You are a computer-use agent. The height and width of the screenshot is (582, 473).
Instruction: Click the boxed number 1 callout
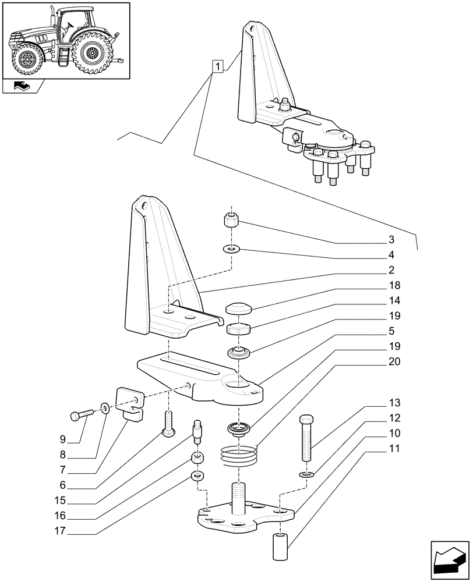click(x=217, y=67)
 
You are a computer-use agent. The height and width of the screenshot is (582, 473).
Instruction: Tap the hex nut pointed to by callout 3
click(x=231, y=221)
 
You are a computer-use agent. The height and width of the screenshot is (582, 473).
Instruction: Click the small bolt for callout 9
click(x=81, y=416)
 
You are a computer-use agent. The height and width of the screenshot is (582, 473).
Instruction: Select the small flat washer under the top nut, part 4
click(x=231, y=249)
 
